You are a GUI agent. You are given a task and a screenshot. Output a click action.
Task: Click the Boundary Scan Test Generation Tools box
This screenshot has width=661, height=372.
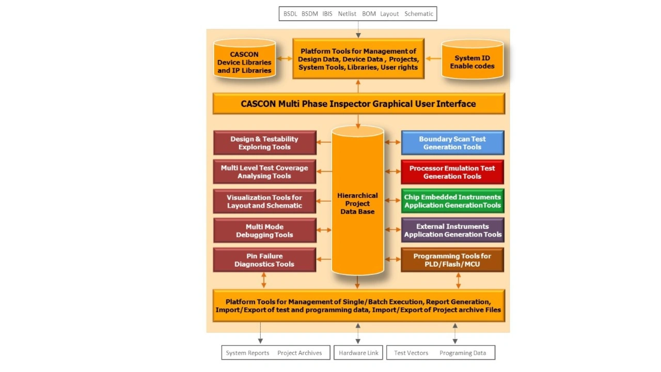[452, 143]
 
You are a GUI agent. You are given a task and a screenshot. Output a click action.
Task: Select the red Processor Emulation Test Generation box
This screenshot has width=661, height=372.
[452, 172]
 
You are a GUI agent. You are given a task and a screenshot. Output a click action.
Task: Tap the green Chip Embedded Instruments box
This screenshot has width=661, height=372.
[452, 201]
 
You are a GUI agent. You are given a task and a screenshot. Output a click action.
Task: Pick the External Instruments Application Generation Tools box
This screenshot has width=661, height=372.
[452, 230]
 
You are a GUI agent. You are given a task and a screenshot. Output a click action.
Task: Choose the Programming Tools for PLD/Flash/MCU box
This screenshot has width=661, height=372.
[452, 260]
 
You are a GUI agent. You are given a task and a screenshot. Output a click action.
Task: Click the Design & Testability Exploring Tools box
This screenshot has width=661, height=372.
[264, 143]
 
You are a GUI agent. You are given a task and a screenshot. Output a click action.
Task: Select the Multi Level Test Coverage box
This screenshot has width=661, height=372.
[264, 172]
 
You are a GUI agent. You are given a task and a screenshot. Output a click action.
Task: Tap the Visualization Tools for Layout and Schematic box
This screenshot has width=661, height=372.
[264, 201]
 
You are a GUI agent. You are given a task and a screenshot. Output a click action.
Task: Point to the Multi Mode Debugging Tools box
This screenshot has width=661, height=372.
[264, 231]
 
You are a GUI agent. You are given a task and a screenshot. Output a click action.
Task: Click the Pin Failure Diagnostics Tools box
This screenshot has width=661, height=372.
[264, 260]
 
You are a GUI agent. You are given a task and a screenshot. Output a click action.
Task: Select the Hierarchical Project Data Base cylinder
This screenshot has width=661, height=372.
[357, 203]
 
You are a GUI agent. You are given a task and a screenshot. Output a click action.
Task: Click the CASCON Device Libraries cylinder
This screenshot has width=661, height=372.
[244, 61]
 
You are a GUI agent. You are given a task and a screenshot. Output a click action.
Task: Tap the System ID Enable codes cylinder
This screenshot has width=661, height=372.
[472, 61]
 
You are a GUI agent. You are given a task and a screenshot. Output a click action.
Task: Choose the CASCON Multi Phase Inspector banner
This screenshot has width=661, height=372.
[358, 104]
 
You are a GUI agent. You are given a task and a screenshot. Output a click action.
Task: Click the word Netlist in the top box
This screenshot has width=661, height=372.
[347, 14]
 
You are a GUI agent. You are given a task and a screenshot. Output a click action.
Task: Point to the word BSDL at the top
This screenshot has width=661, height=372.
[290, 14]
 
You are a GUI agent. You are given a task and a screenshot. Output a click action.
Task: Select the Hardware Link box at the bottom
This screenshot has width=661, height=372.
[358, 353]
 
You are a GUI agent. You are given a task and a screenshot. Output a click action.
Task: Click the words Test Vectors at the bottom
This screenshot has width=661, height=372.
[411, 353]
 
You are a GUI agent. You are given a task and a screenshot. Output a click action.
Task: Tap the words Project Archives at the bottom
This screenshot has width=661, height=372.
[300, 353]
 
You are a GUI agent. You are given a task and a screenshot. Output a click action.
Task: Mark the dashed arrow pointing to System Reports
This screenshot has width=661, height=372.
[260, 333]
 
